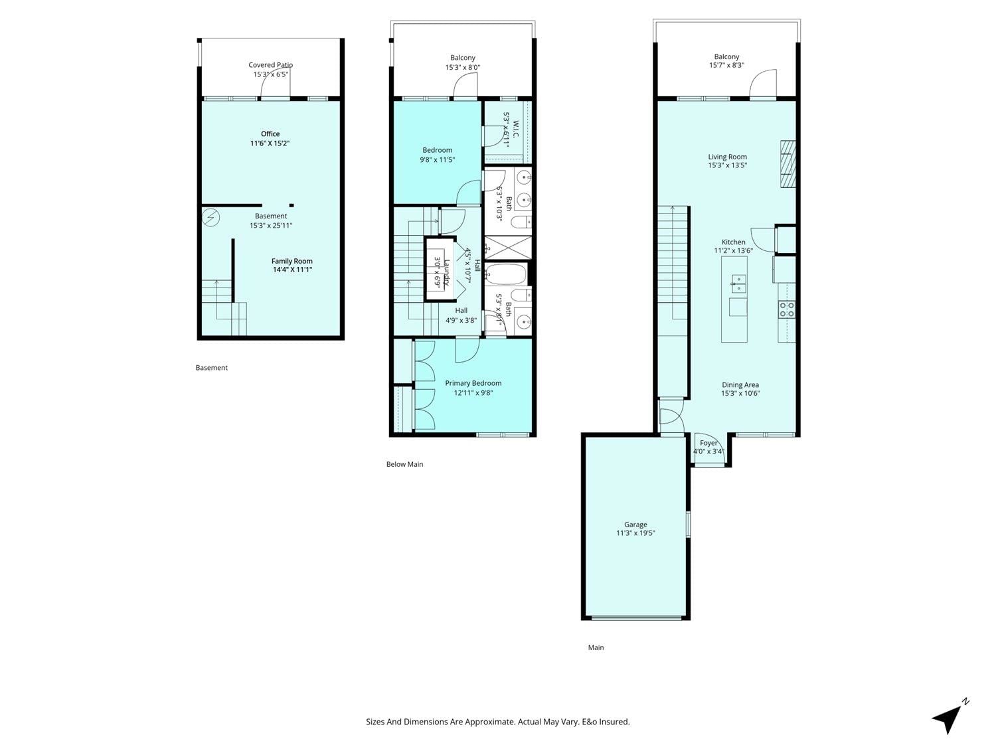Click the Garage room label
click(x=635, y=525)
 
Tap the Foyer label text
click(x=708, y=443)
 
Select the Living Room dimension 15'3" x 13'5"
click(x=727, y=165)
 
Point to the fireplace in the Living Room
click(x=788, y=164)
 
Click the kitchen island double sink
click(x=738, y=284)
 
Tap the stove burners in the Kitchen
click(x=787, y=309)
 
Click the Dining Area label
click(x=740, y=384)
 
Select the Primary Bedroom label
click(x=473, y=383)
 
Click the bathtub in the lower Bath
click(x=506, y=274)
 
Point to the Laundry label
click(x=447, y=272)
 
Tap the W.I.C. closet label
click(x=515, y=129)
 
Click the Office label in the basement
click(x=270, y=134)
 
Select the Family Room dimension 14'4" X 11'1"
click(x=291, y=270)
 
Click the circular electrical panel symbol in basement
click(x=210, y=218)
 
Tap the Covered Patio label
click(x=270, y=65)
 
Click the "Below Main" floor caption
click(x=404, y=464)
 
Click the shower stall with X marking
click(x=508, y=248)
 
